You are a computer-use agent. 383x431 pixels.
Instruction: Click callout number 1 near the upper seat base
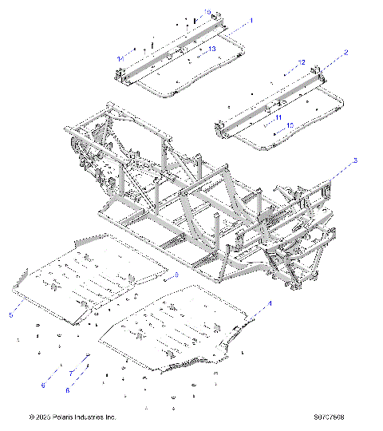coord(252,20)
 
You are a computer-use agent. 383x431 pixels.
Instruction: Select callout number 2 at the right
coord(345,52)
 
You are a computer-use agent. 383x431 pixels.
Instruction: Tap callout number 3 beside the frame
coord(355,161)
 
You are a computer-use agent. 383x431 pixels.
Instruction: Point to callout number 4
coord(270,304)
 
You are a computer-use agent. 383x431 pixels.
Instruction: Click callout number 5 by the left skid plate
coord(11,316)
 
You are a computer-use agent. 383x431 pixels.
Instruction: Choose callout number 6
coord(43,386)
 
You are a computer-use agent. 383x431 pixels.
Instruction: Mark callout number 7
coord(69,374)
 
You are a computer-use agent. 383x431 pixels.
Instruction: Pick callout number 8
coord(68,390)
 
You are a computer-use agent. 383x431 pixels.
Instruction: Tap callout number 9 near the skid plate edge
coord(176,275)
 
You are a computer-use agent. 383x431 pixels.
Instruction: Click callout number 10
coord(290,125)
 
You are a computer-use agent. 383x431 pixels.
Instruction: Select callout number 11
coord(278,117)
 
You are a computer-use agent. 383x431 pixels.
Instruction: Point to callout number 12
coord(302,62)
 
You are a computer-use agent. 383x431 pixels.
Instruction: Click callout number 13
coord(212,49)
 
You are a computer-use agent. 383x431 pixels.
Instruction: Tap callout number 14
coord(120,59)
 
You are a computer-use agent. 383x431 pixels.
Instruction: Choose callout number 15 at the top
coord(207,12)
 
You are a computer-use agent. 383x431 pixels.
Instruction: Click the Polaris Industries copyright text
coord(72,417)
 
